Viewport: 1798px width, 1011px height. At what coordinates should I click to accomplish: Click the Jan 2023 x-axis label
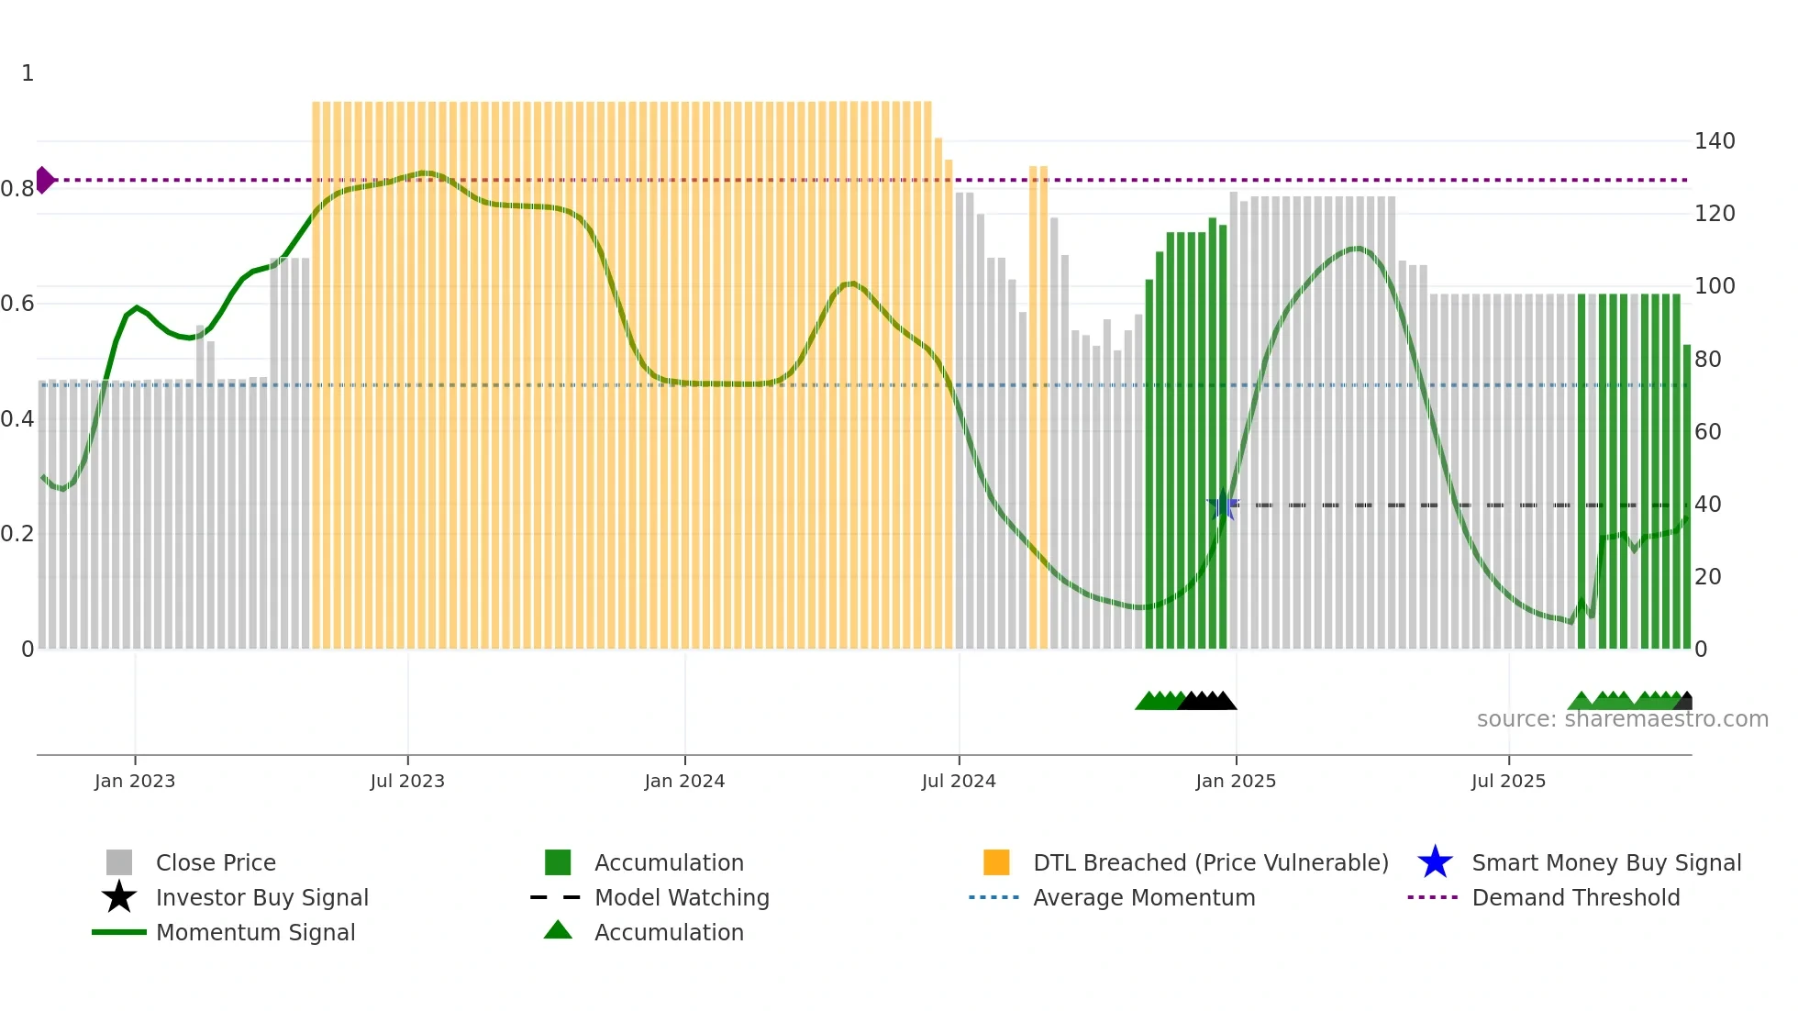(x=135, y=781)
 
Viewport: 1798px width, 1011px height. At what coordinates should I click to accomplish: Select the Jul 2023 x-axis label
(x=407, y=781)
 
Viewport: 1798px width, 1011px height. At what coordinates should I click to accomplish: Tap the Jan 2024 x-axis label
(x=684, y=781)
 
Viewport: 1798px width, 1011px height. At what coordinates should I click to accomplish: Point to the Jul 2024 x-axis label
(x=959, y=781)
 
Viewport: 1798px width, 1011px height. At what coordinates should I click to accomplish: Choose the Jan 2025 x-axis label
(x=1236, y=781)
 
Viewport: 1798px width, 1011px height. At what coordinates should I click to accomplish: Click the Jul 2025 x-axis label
(x=1508, y=781)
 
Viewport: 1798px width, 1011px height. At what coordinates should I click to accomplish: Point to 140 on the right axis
(x=1715, y=141)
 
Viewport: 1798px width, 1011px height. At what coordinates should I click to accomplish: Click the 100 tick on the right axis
(x=1715, y=286)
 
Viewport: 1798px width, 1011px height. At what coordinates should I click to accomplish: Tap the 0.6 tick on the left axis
(x=17, y=304)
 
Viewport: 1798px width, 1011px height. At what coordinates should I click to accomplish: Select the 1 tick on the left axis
(x=28, y=73)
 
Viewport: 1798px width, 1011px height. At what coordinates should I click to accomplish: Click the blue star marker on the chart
(x=1223, y=505)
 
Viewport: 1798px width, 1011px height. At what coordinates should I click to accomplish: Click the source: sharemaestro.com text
(x=1622, y=719)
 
